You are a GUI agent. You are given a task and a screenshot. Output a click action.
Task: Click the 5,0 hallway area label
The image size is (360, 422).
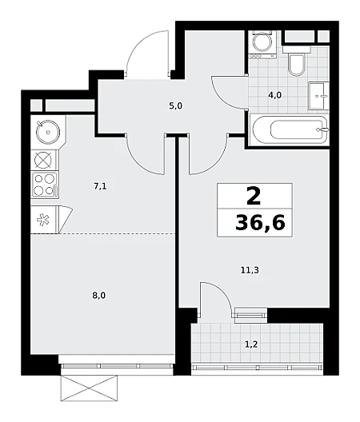[x=176, y=106]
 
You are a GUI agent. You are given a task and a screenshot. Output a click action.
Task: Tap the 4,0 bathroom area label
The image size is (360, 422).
[x=274, y=95]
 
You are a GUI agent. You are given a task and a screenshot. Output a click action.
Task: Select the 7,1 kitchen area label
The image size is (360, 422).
[x=100, y=186]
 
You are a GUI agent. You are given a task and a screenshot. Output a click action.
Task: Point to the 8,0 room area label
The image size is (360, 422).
[x=99, y=296]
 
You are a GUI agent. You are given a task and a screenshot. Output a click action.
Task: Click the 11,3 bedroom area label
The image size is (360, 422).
[x=250, y=270]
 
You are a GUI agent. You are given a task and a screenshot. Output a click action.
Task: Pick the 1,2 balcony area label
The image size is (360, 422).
[x=251, y=344]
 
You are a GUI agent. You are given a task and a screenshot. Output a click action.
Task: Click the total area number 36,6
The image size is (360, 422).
[x=260, y=223]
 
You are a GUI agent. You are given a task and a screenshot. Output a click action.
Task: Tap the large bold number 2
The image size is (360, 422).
[x=254, y=196]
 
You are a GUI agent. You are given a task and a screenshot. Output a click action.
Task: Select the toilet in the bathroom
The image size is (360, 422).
[x=297, y=61]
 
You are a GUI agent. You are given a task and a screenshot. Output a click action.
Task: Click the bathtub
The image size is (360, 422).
[x=289, y=130]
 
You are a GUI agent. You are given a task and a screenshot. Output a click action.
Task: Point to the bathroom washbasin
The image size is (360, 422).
[x=318, y=96]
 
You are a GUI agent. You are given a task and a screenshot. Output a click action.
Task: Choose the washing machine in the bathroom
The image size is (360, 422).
[x=262, y=45]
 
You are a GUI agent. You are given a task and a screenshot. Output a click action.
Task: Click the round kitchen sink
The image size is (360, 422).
[x=48, y=132]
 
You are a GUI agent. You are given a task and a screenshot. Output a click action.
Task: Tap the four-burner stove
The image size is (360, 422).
[x=45, y=185]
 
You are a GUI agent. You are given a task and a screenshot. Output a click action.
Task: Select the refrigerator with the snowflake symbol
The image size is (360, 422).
[x=44, y=219]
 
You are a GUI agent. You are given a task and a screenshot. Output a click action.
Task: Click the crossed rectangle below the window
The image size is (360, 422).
[x=89, y=389]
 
